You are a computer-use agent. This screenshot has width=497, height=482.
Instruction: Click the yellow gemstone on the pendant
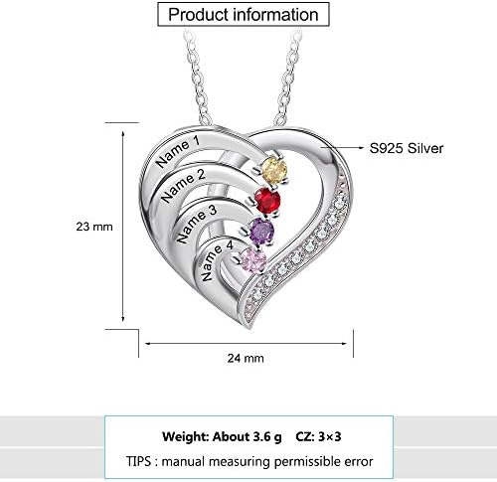pyautogui.click(x=274, y=170)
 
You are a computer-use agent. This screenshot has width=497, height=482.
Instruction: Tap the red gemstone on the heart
pyautogui.click(x=267, y=201)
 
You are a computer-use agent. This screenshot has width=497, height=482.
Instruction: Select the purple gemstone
pyautogui.click(x=261, y=232)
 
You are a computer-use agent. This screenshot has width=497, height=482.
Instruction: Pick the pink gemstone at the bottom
pyautogui.click(x=253, y=260)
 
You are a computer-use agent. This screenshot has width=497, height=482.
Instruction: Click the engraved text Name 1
pyautogui.click(x=178, y=151)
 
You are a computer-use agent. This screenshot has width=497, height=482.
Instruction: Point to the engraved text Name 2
pyautogui.click(x=183, y=185)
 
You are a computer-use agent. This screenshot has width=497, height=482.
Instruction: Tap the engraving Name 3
pyautogui.click(x=197, y=224)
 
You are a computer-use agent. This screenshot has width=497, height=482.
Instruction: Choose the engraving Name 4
pyautogui.click(x=218, y=260)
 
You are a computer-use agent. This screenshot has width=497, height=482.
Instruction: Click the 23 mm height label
pyautogui.click(x=94, y=227)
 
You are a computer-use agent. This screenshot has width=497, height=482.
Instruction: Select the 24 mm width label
pyautogui.click(x=246, y=358)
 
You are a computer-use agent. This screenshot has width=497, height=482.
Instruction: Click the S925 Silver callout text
pyautogui.click(x=407, y=148)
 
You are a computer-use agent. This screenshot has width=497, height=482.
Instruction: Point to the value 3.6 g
pyautogui.click(x=267, y=437)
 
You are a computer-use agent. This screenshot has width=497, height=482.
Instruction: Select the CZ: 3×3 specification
pyautogui.click(x=318, y=437)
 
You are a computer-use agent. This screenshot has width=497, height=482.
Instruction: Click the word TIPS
pyautogui.click(x=138, y=461)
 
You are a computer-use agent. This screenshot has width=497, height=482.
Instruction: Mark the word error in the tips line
pyautogui.click(x=359, y=462)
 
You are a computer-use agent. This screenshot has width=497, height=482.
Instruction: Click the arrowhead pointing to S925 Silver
pyautogui.click(x=362, y=148)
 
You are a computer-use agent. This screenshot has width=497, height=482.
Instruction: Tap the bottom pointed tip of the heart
pyautogui.click(x=249, y=328)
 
